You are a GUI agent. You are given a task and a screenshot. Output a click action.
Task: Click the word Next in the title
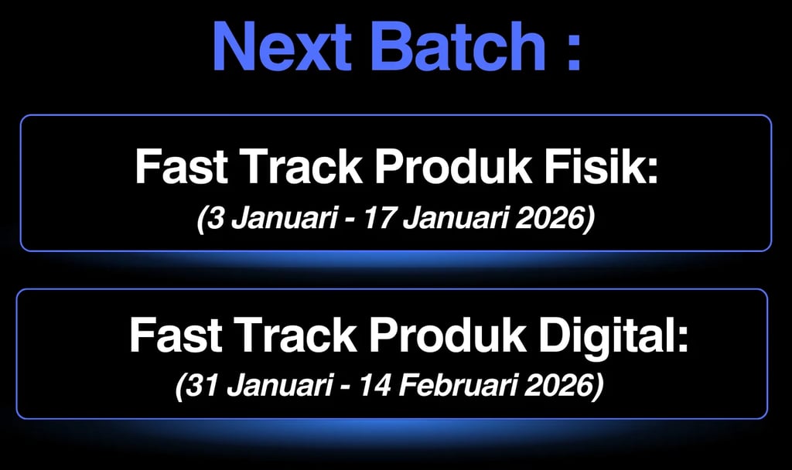tap(282, 46)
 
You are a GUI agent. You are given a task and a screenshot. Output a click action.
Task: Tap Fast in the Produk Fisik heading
tap(180, 167)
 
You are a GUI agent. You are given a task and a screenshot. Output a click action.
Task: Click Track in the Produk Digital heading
tap(296, 335)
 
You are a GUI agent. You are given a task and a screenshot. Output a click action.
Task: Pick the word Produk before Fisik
tap(452, 167)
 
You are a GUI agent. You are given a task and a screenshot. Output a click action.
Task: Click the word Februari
tap(458, 386)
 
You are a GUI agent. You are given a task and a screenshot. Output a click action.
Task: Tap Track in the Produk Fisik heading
tap(302, 167)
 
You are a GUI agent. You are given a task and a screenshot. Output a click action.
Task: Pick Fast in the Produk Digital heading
tap(176, 335)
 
